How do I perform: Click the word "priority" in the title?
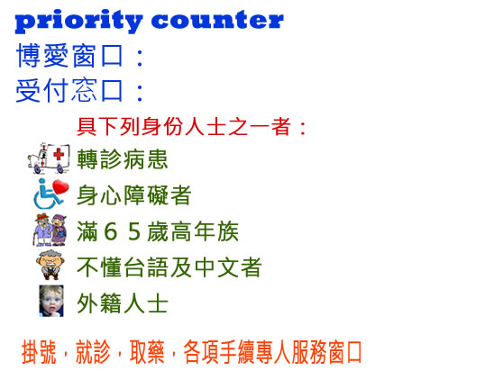click(x=78, y=22)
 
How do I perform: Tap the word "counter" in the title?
click(x=217, y=20)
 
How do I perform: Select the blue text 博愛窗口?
click(x=69, y=56)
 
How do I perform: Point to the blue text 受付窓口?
click(x=69, y=90)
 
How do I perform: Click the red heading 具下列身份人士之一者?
click(x=184, y=127)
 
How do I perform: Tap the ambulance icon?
click(x=49, y=158)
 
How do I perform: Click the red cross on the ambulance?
click(x=59, y=155)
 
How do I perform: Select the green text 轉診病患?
click(x=123, y=159)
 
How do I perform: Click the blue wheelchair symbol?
click(x=47, y=195)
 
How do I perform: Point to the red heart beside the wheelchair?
click(x=60, y=187)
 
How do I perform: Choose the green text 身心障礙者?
click(x=134, y=195)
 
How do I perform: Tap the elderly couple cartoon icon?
click(x=50, y=230)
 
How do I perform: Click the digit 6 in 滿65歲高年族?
click(x=111, y=231)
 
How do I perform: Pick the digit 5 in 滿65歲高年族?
click(x=134, y=231)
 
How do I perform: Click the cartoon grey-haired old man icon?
click(x=51, y=265)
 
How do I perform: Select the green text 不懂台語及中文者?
click(x=169, y=267)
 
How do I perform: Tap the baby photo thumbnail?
click(x=51, y=301)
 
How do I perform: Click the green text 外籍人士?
click(x=123, y=303)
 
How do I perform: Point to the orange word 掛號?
click(x=39, y=352)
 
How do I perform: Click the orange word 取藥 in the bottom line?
click(x=147, y=352)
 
